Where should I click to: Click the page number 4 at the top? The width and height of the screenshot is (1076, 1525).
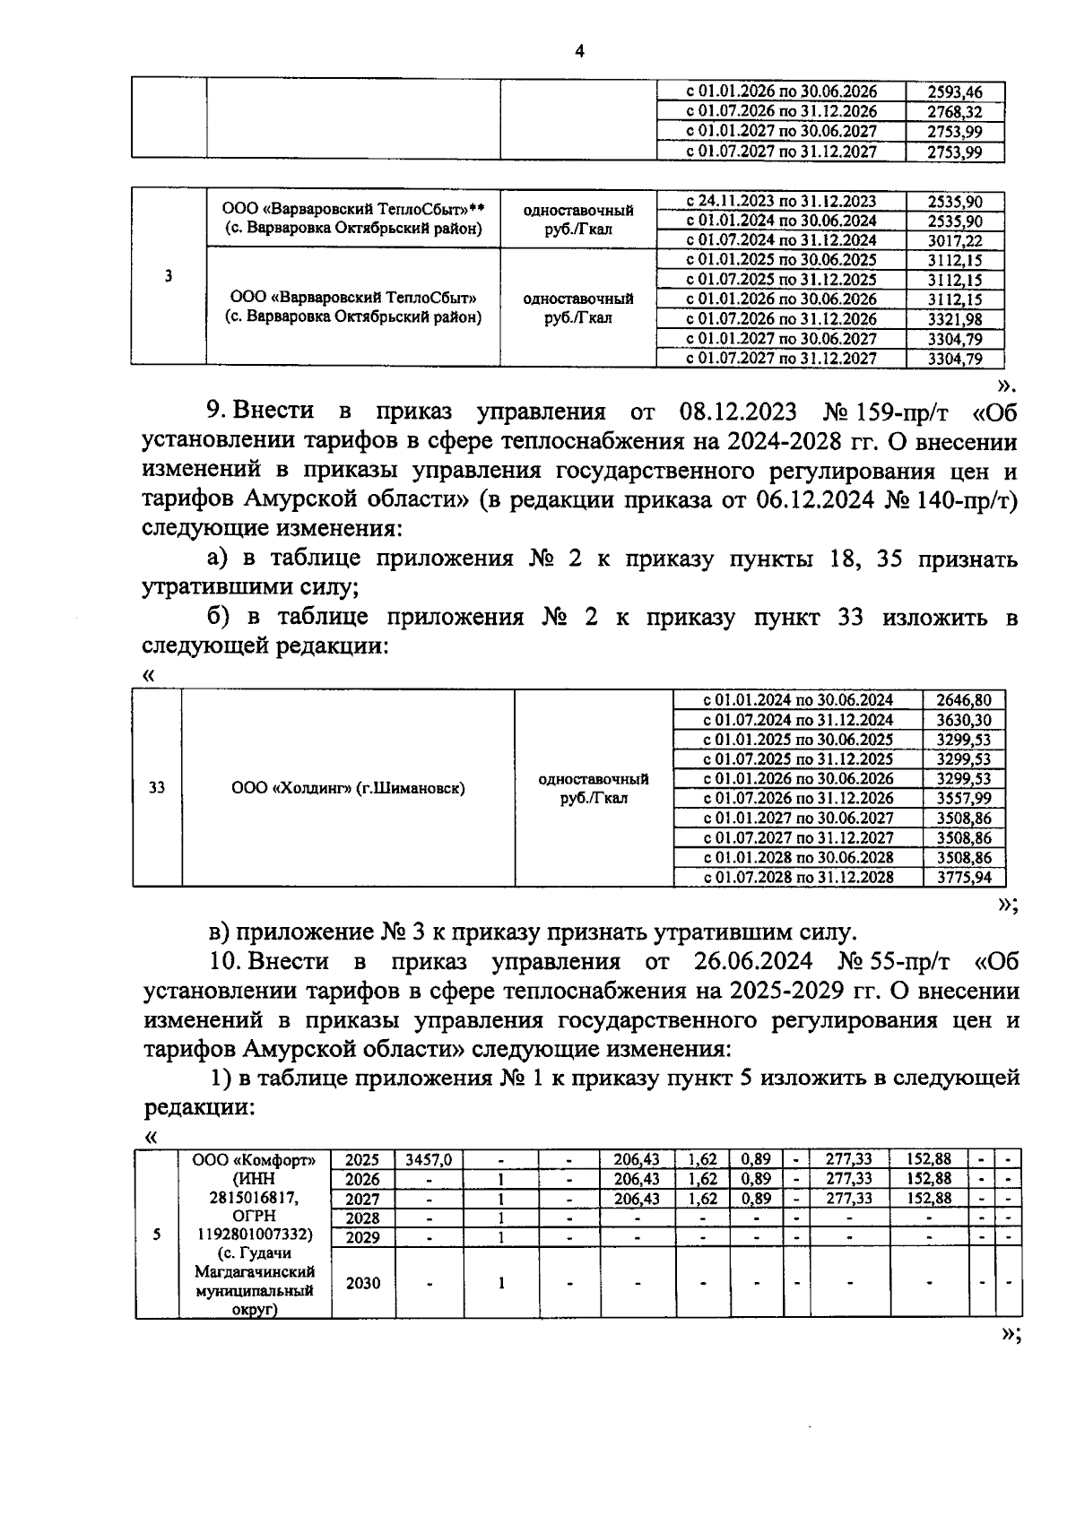coord(578,51)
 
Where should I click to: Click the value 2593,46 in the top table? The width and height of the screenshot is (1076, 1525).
coord(955,91)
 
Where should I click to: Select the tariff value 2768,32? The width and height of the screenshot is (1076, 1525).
coord(955,111)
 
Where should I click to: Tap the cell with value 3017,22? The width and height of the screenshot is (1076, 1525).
coord(955,240)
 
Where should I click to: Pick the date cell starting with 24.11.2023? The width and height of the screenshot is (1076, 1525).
coord(781,201)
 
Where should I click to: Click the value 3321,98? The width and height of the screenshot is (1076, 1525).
coord(955,318)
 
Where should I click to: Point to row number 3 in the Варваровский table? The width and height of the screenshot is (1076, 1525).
coord(169,276)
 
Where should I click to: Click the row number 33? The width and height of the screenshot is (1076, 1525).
coord(157,788)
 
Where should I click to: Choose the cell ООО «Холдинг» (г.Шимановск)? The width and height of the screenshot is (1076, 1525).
coord(348,788)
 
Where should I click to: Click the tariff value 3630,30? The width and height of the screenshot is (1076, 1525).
coord(963,719)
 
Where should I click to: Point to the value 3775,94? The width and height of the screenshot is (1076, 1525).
coord(963,877)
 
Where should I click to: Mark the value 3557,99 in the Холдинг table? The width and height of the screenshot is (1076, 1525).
coord(963,798)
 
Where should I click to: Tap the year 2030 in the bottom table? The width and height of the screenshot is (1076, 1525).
coord(363,1283)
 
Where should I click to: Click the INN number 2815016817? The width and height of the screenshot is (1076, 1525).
coord(255,1199)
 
